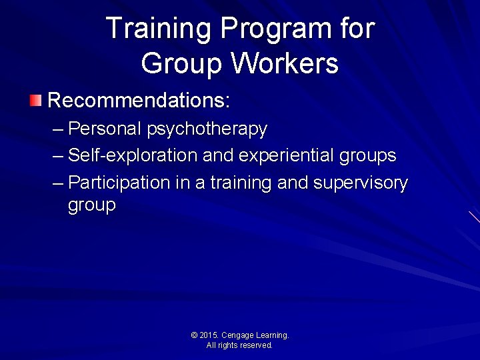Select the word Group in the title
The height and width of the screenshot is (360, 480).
(182, 64)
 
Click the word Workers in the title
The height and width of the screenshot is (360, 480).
(285, 64)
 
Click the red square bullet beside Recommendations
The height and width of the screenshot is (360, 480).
(35, 101)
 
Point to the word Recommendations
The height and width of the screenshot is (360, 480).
(139, 101)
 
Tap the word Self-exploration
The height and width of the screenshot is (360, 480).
(133, 155)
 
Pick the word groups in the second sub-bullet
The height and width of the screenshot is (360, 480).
(367, 155)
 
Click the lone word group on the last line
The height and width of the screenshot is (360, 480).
(91, 205)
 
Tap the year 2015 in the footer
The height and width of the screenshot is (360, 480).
(209, 335)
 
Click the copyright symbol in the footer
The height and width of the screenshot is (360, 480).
(194, 335)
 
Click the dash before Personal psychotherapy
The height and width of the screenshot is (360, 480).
(58, 128)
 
